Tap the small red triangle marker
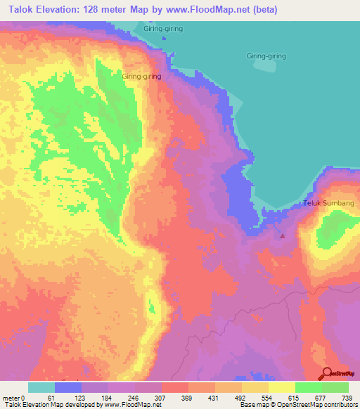[x=283, y=236]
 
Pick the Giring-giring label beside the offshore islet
[x=266, y=56]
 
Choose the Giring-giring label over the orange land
[x=141, y=76]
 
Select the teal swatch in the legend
[x=41, y=387]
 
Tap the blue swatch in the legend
[x=68, y=387]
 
